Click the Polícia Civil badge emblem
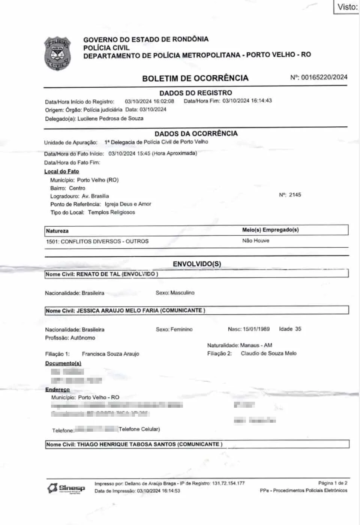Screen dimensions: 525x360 tap(57, 54)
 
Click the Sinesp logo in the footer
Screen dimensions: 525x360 tap(66, 488)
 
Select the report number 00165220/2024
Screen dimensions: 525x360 tap(324, 77)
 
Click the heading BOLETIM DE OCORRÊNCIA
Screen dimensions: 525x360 tap(195, 78)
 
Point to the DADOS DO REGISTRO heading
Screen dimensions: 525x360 tap(196, 93)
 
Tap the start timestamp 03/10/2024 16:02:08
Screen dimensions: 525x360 tap(149, 101)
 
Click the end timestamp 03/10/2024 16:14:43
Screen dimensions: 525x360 tap(247, 100)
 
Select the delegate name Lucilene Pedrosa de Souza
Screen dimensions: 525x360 tap(110, 118)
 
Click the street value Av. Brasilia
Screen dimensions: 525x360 tap(95, 196)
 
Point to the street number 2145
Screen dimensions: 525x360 tap(295, 195)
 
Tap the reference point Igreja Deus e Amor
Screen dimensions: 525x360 tap(128, 204)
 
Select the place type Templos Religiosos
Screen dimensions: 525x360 tap(111, 212)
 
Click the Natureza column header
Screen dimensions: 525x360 tap(57, 231)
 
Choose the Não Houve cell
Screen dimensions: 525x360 tap(255, 241)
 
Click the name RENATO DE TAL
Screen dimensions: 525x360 tap(98, 274)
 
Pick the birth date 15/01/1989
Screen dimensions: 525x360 tap(256, 329)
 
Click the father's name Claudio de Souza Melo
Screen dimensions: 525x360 tap(268, 353)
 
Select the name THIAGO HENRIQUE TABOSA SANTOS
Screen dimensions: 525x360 tap(126, 444)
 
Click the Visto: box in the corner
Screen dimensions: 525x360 tap(347, 7)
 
